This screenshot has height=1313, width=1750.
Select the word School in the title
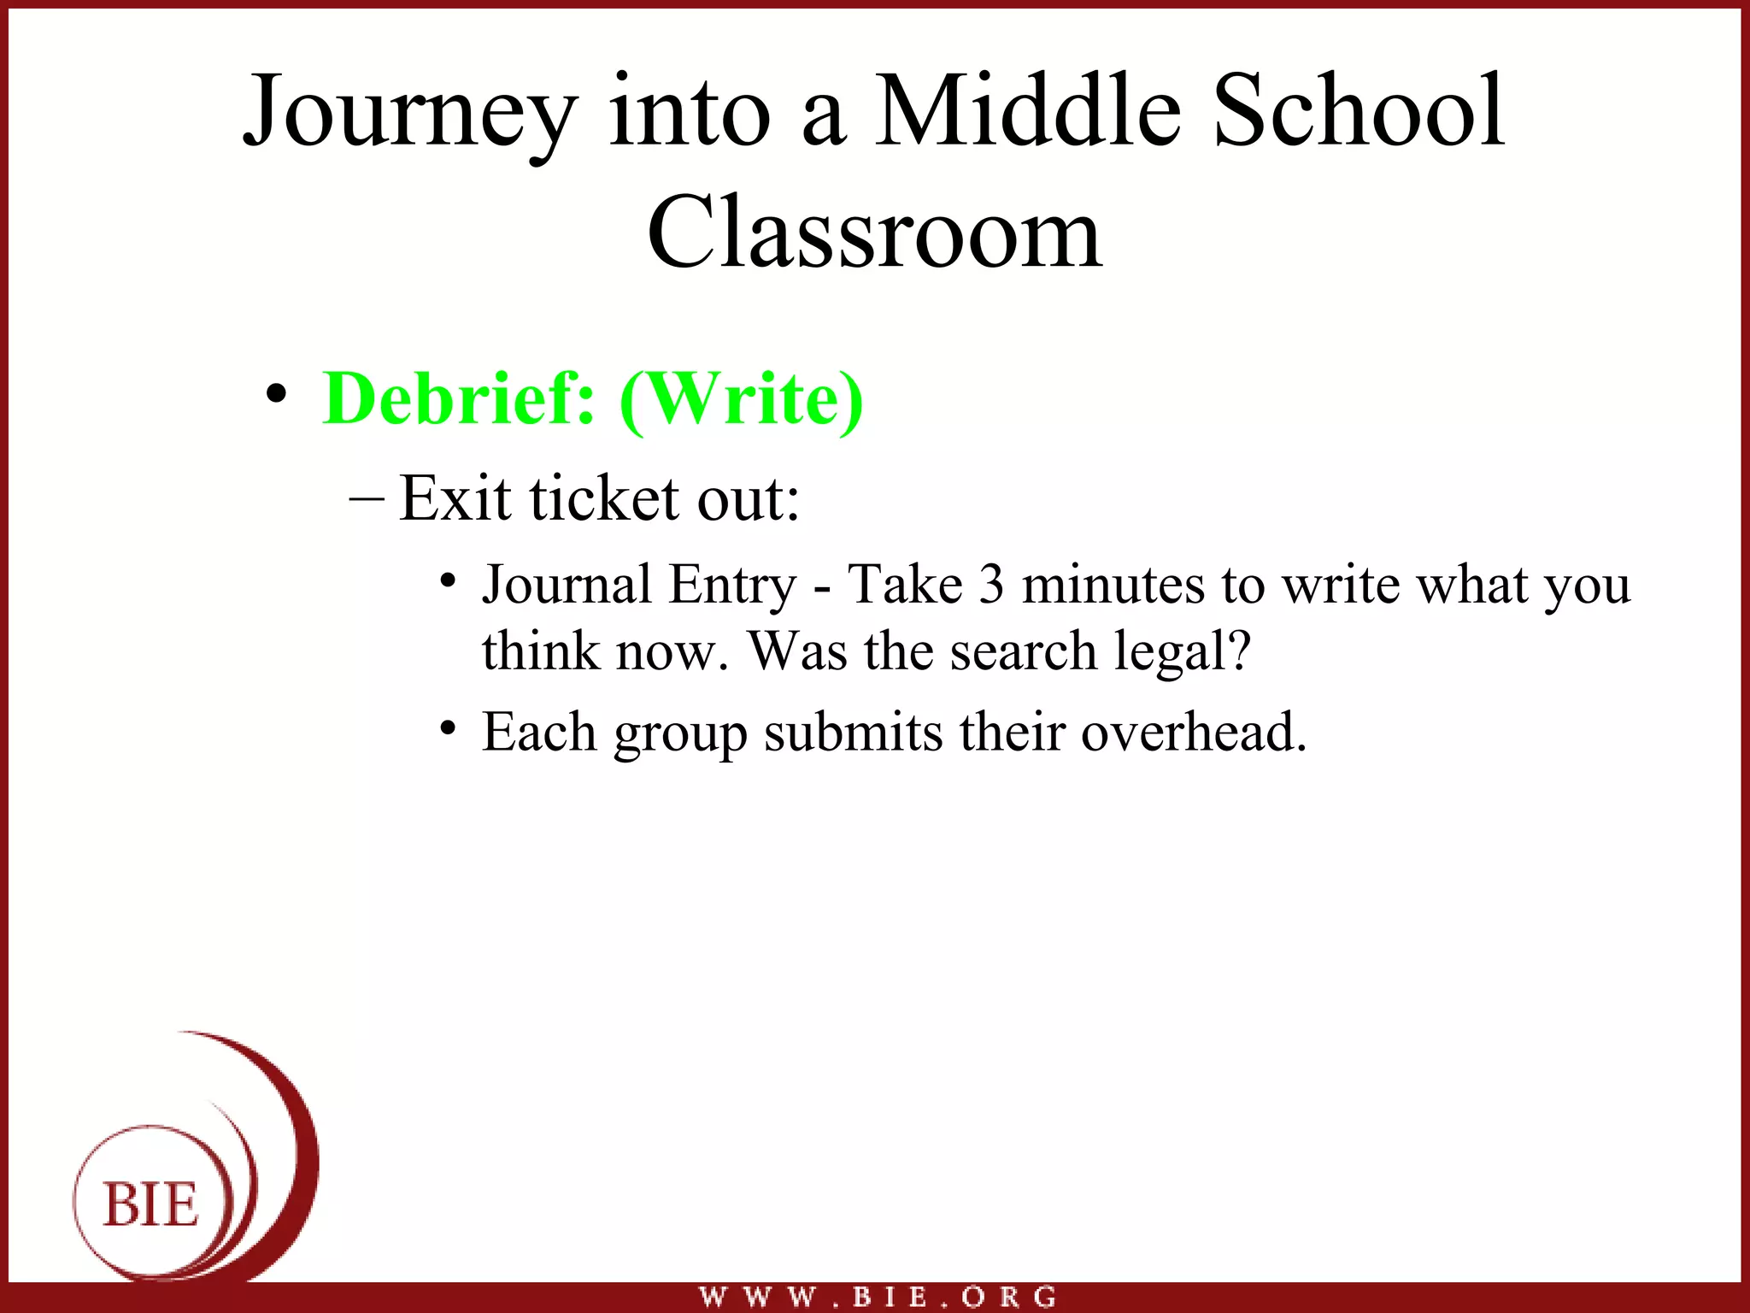1359,111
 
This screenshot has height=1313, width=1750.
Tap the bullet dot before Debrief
276,395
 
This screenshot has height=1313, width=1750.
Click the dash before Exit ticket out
367,498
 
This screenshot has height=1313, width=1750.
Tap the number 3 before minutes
991,586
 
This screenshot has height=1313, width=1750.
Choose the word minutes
1113,586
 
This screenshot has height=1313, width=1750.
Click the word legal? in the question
1183,651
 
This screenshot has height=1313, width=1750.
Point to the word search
1024,651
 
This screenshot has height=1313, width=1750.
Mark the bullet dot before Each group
447,728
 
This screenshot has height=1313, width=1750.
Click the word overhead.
1194,733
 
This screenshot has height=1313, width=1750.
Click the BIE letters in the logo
150,1205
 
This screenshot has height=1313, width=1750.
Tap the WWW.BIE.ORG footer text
878,1297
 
